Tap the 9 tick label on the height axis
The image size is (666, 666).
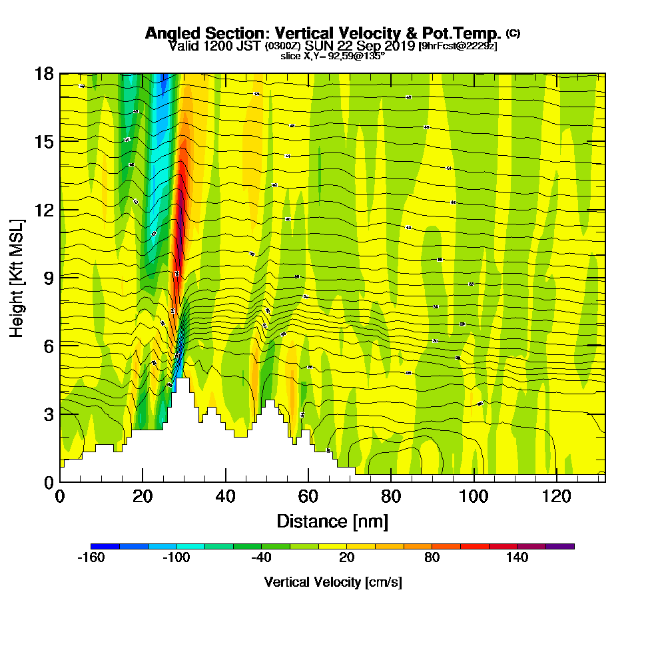[48, 278]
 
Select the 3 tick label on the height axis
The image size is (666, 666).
[48, 414]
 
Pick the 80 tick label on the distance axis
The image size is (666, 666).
[391, 496]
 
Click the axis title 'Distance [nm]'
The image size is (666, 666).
[332, 521]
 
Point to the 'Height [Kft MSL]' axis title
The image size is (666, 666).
[17, 277]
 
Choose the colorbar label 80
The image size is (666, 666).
[432, 558]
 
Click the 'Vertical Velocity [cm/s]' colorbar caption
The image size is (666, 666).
[332, 582]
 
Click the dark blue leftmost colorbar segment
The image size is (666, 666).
[105, 546]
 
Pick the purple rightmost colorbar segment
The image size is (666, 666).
[560, 546]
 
